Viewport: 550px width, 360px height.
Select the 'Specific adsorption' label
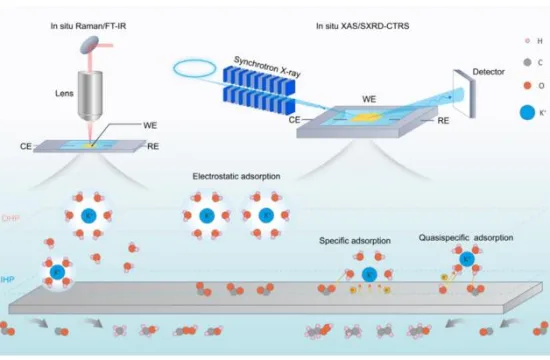[357, 241]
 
